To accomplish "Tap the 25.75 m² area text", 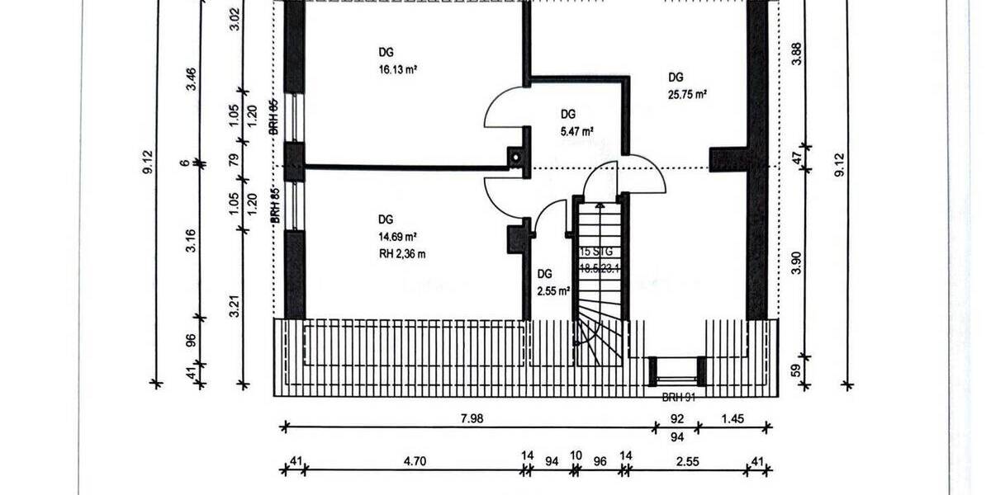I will coord(688,95).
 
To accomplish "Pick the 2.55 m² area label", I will coord(553,290).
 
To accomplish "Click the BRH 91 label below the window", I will coord(679,396).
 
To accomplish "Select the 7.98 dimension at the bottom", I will coord(472,418).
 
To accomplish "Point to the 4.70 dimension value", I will coord(415,462).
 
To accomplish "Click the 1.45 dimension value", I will coord(733,418).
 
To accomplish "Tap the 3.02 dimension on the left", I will coord(234,18).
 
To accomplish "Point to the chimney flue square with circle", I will coord(516,155).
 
